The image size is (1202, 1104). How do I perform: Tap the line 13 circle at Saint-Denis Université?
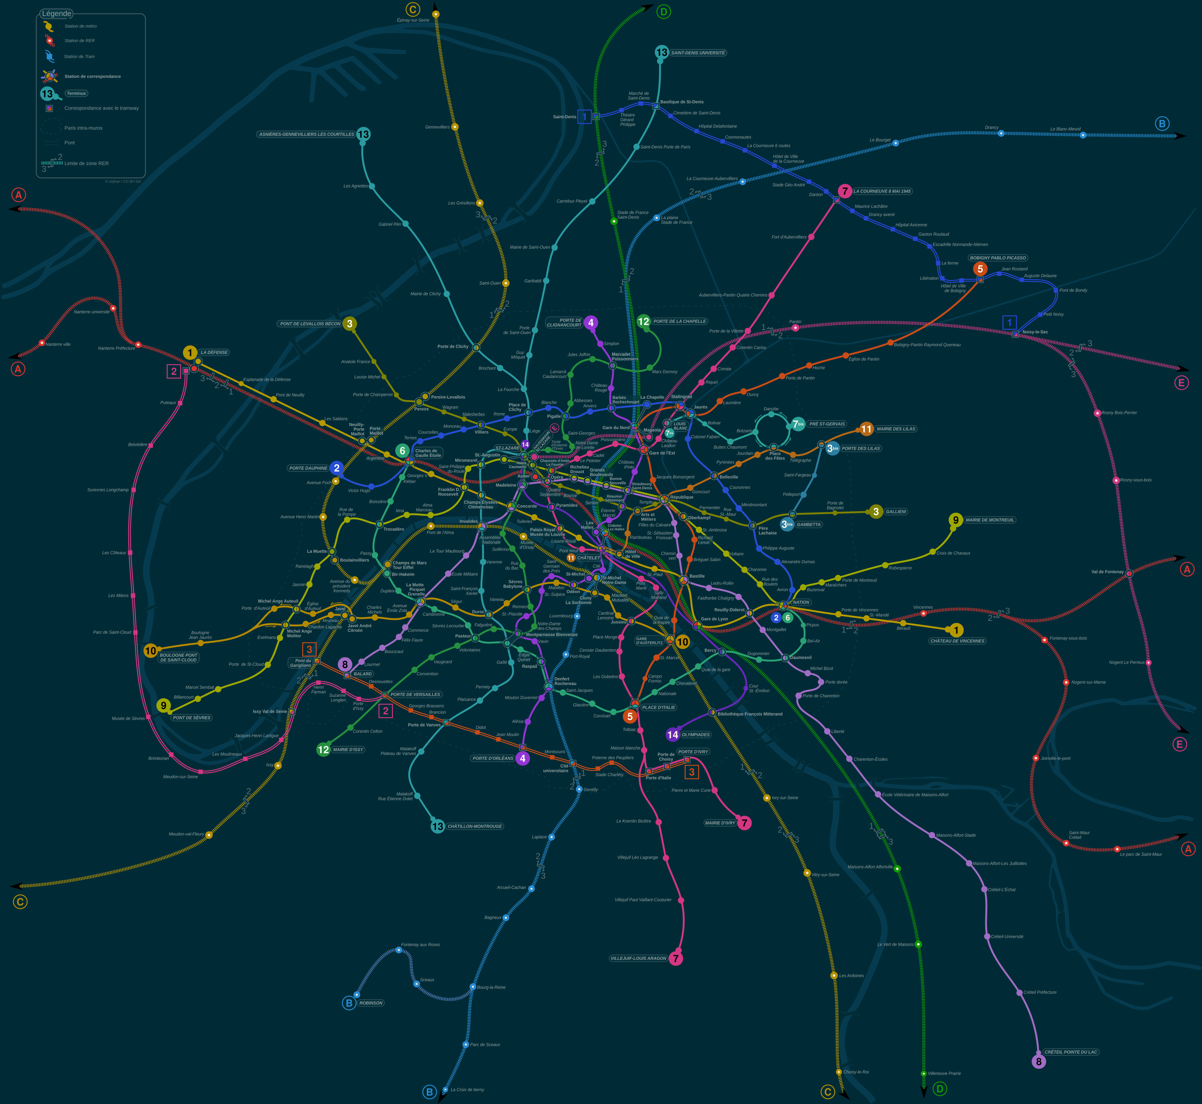coord(661,53)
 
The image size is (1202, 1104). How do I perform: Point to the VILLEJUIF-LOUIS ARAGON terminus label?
coord(638,958)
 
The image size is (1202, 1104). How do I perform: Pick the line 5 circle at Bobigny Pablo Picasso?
coord(980,269)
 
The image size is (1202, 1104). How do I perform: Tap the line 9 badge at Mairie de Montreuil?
coord(955,520)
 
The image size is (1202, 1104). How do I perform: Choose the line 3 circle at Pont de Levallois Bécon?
coord(349,324)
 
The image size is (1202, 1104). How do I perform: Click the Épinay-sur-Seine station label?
coord(413,20)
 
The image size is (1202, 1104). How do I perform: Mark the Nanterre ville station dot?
coord(42,343)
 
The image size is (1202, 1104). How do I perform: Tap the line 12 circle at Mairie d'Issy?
coord(323,749)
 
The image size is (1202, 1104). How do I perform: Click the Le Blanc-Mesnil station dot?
coord(1082,135)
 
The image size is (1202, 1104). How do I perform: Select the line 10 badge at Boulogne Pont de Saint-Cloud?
coord(151,651)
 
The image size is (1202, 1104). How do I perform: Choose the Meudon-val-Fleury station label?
coord(187,834)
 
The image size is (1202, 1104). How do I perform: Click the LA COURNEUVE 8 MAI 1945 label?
coord(882,191)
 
